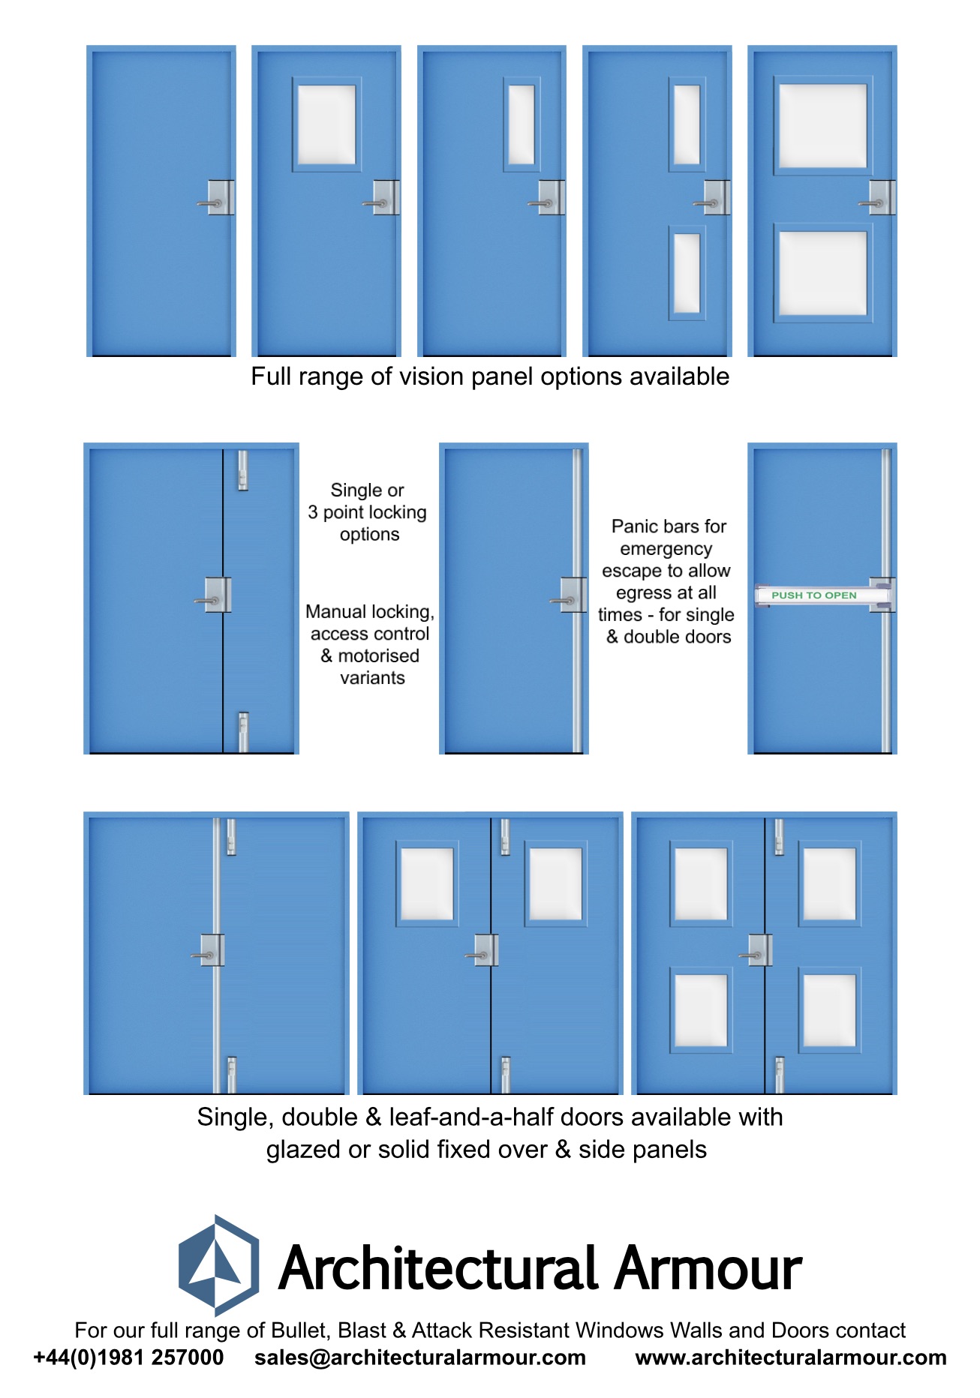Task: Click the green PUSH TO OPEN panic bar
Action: tap(814, 595)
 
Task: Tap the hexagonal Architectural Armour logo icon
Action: tap(218, 1265)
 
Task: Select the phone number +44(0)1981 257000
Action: tap(128, 1357)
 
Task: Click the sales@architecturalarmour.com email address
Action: tap(419, 1357)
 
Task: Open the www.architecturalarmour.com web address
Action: tap(790, 1357)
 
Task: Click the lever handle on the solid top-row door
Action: tap(210, 202)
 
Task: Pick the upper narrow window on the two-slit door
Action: tap(686, 124)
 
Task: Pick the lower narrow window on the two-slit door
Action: tap(686, 273)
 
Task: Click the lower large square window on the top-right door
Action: tap(822, 273)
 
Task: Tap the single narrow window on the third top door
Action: tap(521, 124)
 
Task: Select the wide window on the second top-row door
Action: tap(326, 124)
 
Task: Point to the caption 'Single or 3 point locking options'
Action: tap(368, 512)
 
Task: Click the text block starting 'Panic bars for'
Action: tap(666, 581)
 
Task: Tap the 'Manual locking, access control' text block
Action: tap(371, 644)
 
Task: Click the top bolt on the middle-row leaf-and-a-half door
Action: tap(242, 470)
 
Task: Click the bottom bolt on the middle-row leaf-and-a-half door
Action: tap(242, 731)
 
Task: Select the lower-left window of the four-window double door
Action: tap(701, 1009)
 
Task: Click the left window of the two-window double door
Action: tap(427, 883)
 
